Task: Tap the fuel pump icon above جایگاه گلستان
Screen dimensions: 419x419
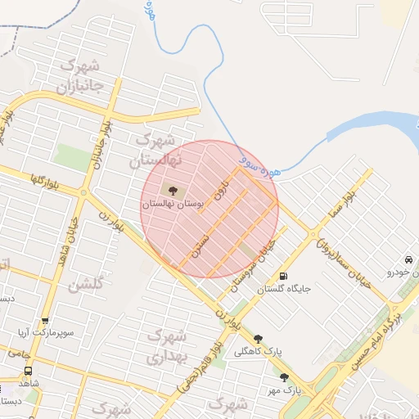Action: point(284,276)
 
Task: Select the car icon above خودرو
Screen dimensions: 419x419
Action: point(407,259)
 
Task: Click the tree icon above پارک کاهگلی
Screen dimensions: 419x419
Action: point(259,338)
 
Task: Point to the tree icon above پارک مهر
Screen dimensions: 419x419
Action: point(285,377)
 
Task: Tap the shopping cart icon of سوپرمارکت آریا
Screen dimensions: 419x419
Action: point(45,322)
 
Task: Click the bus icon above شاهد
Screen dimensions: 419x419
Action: point(29,371)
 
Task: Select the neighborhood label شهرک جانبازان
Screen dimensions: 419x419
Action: point(80,74)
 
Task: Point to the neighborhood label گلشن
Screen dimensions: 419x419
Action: point(85,286)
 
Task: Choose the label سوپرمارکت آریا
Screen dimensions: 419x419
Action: point(46,334)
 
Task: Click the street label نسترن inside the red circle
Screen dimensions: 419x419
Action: point(200,246)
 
